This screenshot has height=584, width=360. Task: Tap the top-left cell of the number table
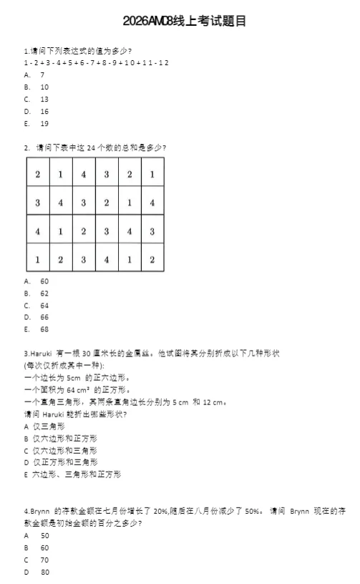point(37,175)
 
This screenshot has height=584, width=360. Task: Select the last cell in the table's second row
point(152,203)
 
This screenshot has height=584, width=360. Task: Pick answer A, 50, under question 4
point(43,535)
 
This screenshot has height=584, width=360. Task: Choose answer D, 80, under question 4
point(43,572)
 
